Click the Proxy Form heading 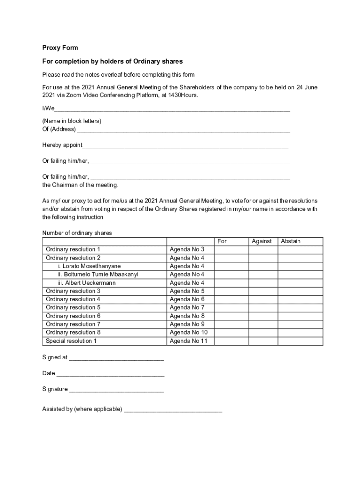pyautogui.click(x=60, y=48)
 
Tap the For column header pyautogui.click(x=222, y=241)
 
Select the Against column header pyautogui.click(x=261, y=241)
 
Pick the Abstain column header pyautogui.click(x=290, y=241)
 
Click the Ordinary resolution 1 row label pyautogui.click(x=73, y=250)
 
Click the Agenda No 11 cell pyautogui.click(x=188, y=341)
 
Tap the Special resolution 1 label pyautogui.click(x=71, y=341)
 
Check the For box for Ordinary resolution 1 pyautogui.click(x=231, y=250)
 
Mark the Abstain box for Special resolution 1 pyautogui.click(x=300, y=341)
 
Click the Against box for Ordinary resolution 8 pyautogui.click(x=263, y=333)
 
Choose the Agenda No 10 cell pyautogui.click(x=188, y=333)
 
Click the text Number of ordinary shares pyautogui.click(x=77, y=233)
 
